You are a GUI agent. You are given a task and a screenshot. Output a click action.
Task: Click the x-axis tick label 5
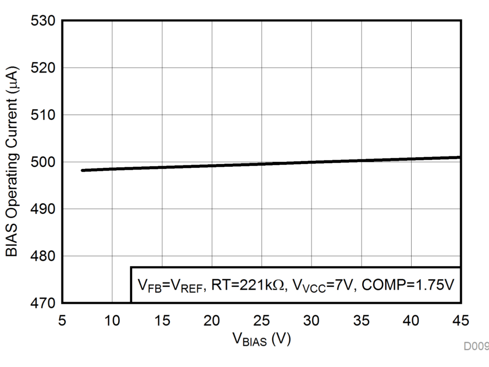(63, 320)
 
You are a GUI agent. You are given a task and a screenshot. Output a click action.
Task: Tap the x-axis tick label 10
(112, 320)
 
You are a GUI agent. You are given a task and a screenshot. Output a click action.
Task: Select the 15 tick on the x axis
(162, 320)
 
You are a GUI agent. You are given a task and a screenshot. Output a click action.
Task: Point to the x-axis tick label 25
(261, 320)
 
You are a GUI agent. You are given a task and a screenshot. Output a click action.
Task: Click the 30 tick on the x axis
(311, 320)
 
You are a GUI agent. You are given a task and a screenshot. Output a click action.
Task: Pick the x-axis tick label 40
(411, 320)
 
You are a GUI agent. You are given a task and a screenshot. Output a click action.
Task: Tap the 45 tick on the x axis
(461, 320)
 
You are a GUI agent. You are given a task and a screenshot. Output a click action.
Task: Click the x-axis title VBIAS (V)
(261, 339)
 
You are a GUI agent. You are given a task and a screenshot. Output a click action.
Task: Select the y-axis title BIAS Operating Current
(12, 162)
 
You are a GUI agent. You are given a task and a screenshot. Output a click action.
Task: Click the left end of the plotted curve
(83, 170)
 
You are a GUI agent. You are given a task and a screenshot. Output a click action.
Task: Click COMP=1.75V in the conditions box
(408, 285)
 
